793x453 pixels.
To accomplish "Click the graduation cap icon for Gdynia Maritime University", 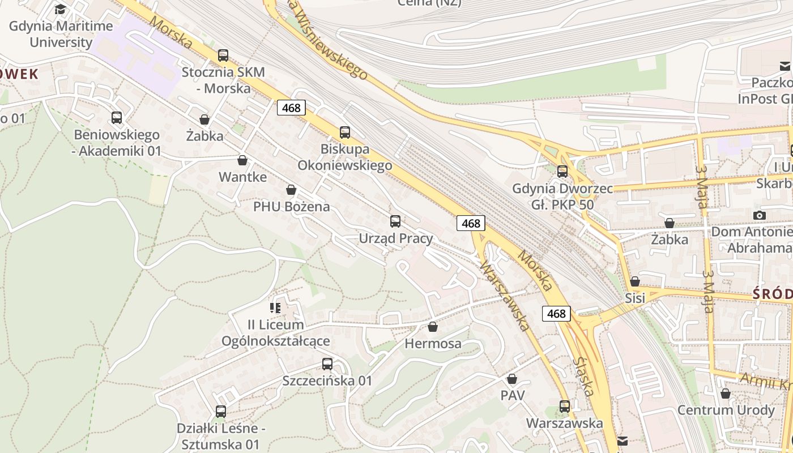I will (x=60, y=10).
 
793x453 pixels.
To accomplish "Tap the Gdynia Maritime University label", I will (x=61, y=34).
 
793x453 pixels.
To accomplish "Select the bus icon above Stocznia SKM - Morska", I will (x=223, y=55).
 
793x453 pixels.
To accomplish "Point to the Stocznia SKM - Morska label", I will (x=223, y=80).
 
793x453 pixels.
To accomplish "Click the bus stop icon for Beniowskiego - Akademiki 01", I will (x=117, y=118).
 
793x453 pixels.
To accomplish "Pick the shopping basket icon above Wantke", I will (x=242, y=160).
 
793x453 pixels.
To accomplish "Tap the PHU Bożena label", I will (x=291, y=206).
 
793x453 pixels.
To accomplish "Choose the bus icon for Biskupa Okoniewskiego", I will (x=344, y=133).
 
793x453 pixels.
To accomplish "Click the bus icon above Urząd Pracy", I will (x=395, y=221).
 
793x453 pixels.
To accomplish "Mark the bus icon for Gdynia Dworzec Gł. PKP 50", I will (x=562, y=171).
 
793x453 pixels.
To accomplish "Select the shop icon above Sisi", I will (x=635, y=281).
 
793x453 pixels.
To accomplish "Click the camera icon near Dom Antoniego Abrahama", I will (x=760, y=215).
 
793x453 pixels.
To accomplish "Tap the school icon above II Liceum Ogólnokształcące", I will (x=275, y=308).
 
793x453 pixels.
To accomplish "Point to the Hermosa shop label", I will (x=433, y=344).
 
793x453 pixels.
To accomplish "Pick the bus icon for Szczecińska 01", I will (x=327, y=364).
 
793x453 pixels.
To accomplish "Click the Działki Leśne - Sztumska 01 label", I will (x=221, y=436).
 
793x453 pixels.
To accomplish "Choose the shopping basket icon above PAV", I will (x=512, y=379).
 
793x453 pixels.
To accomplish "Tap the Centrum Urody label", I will (x=726, y=410).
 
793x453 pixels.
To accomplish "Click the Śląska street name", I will (x=583, y=377).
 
